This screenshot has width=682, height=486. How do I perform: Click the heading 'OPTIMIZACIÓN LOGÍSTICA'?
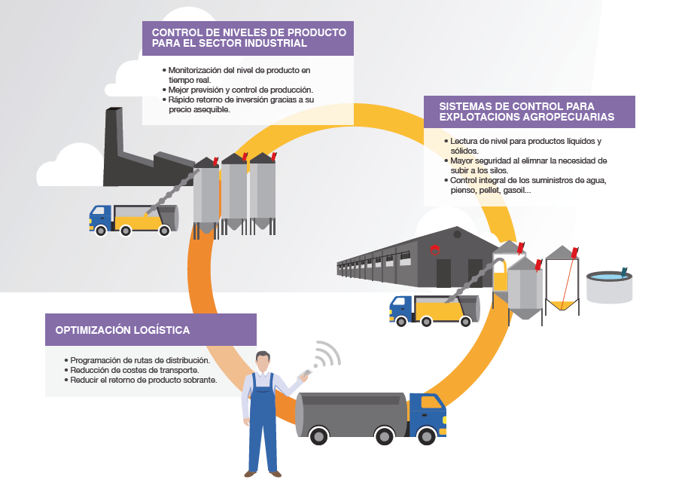123,330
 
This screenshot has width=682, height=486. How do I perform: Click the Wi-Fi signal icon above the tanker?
325,354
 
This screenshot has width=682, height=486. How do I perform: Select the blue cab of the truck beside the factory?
100,217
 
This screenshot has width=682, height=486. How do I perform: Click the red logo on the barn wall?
434,249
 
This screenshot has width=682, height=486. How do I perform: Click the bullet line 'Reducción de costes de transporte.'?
135,370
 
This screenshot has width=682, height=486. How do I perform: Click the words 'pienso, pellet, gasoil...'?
491,190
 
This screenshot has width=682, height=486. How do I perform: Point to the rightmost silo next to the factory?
262,188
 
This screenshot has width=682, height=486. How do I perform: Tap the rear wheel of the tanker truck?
320,436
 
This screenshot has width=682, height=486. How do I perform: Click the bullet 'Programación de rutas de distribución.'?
140,360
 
